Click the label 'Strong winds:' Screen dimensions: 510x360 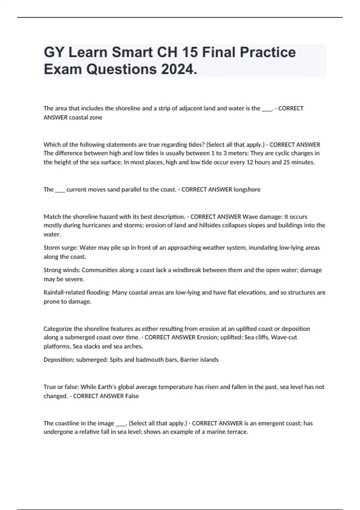[62, 270]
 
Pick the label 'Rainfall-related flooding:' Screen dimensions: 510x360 [77, 292]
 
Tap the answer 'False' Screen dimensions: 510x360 [132, 396]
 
